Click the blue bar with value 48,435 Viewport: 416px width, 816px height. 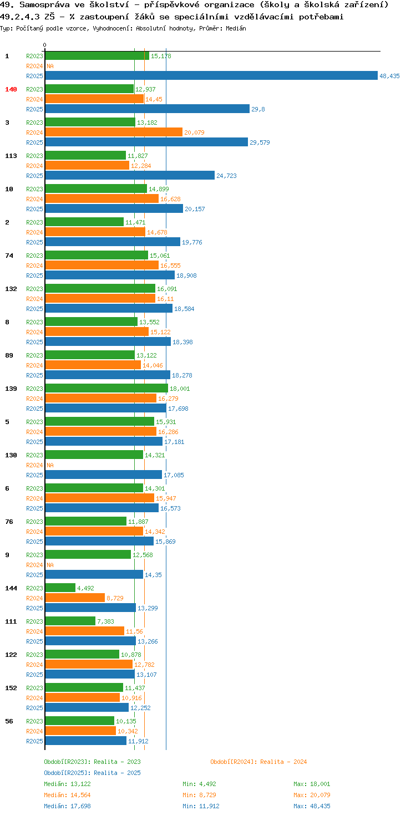click(x=211, y=75)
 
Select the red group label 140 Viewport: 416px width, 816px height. click(x=11, y=89)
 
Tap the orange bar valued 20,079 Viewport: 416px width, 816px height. click(x=114, y=132)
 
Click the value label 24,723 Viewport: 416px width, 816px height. click(x=226, y=176)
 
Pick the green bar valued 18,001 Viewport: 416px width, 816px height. click(x=106, y=389)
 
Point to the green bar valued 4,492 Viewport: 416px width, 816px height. click(x=60, y=588)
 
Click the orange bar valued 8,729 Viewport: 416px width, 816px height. click(x=75, y=598)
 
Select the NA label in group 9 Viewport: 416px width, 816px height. click(x=50, y=565)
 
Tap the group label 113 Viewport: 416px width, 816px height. click(x=11, y=156)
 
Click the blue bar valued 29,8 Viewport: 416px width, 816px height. click(x=148, y=109)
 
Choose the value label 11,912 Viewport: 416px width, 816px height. click(x=138, y=741)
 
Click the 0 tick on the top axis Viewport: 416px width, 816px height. click(x=44, y=45)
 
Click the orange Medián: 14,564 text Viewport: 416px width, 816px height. click(x=67, y=795)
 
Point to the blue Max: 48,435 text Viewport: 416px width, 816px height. click(x=312, y=806)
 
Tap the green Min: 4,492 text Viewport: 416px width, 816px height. click(x=199, y=784)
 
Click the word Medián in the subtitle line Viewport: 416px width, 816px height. click(x=236, y=28)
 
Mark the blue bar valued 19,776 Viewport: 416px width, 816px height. click(x=113, y=242)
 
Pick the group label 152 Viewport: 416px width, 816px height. click(x=11, y=688)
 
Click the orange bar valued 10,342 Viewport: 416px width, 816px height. click(x=80, y=731)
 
